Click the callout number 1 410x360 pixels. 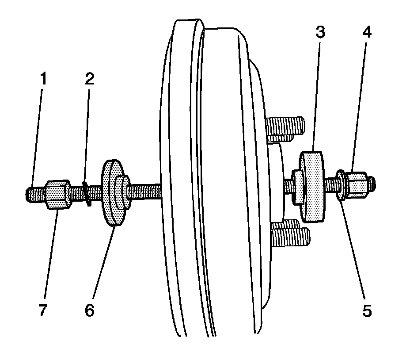(43, 80)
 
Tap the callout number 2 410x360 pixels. (90, 80)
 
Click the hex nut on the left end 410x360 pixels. (58, 194)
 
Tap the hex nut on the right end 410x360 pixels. (357, 184)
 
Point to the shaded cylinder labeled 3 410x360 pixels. (312, 186)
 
